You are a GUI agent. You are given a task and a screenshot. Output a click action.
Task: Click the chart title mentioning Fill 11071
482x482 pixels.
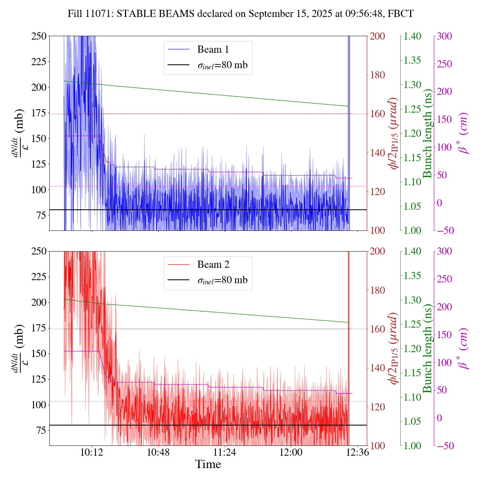coord(241,14)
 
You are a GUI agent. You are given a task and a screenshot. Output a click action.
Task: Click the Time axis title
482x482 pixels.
coord(208,465)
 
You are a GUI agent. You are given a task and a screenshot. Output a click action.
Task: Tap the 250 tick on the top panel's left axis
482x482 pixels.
coord(39,36)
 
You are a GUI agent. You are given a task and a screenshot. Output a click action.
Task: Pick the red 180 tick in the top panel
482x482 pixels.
coord(378,75)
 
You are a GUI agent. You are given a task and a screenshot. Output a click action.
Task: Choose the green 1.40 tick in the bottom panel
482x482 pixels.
coord(413,252)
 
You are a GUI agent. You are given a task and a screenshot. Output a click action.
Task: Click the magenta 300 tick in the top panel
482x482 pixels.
coord(444,36)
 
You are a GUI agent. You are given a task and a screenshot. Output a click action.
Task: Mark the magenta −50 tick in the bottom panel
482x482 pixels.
coord(444,445)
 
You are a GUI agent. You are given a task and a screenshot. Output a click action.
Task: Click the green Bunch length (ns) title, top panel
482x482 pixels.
coord(427,133)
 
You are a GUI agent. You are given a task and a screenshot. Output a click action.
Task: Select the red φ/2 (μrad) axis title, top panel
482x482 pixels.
coord(394,133)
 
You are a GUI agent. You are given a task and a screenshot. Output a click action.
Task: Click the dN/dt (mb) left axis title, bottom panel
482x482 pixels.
coord(18,348)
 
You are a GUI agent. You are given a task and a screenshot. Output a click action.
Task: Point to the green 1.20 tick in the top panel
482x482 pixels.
coord(413,133)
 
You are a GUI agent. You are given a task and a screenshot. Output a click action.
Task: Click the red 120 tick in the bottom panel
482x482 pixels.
coord(378,407)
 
